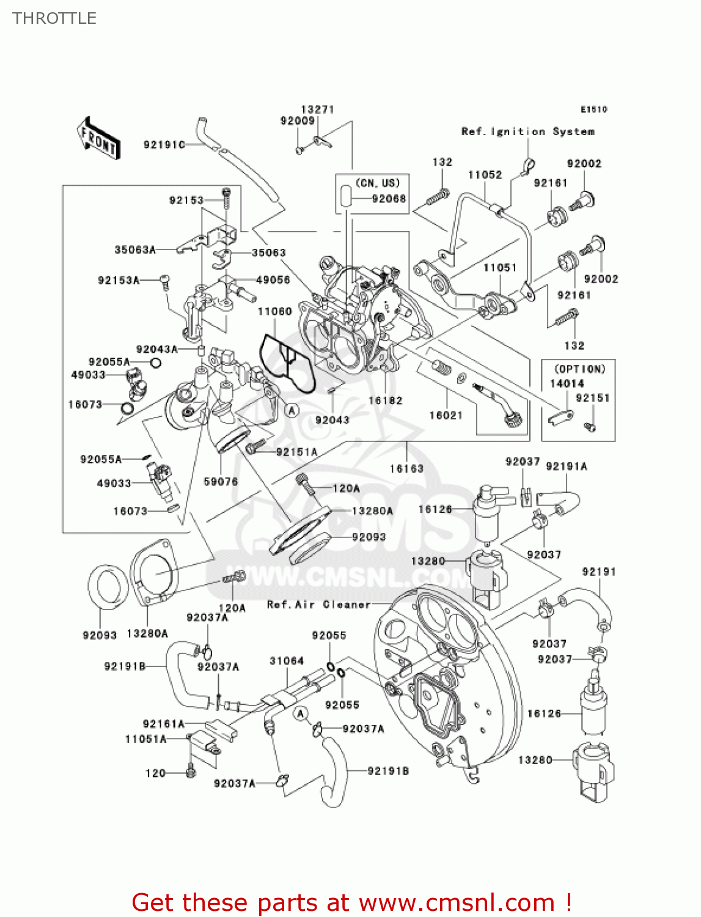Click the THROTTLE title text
point(54,18)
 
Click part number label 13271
point(317,109)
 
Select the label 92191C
point(164,145)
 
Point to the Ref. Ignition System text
point(527,131)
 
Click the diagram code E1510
point(593,109)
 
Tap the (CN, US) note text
point(377,183)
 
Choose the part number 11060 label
point(274,312)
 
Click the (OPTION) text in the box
point(579,369)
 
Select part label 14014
point(567,383)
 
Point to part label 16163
point(406,468)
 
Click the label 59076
point(221,482)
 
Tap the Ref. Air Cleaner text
point(318,605)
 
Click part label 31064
point(287,661)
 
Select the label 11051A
point(145,739)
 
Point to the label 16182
point(385,400)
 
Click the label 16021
point(446,415)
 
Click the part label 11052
point(485,175)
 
